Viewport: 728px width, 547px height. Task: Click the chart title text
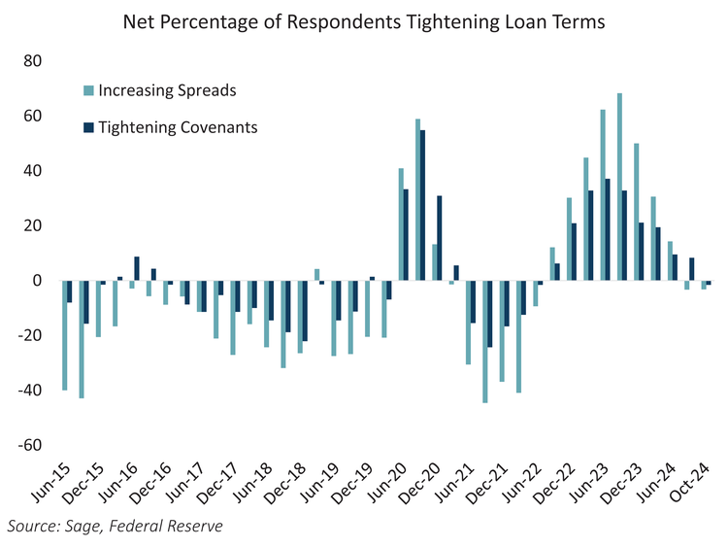pos(363,22)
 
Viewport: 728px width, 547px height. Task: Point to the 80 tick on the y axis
pos(34,61)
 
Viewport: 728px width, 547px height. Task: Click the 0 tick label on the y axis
pos(38,281)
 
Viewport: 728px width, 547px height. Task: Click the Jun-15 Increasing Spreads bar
pos(64,335)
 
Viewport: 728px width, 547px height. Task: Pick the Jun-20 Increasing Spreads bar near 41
pos(401,224)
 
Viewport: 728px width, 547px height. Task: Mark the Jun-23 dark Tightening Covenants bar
pos(608,229)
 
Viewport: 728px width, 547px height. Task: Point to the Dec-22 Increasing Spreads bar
pos(569,239)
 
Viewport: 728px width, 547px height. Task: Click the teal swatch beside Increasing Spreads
pos(88,91)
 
